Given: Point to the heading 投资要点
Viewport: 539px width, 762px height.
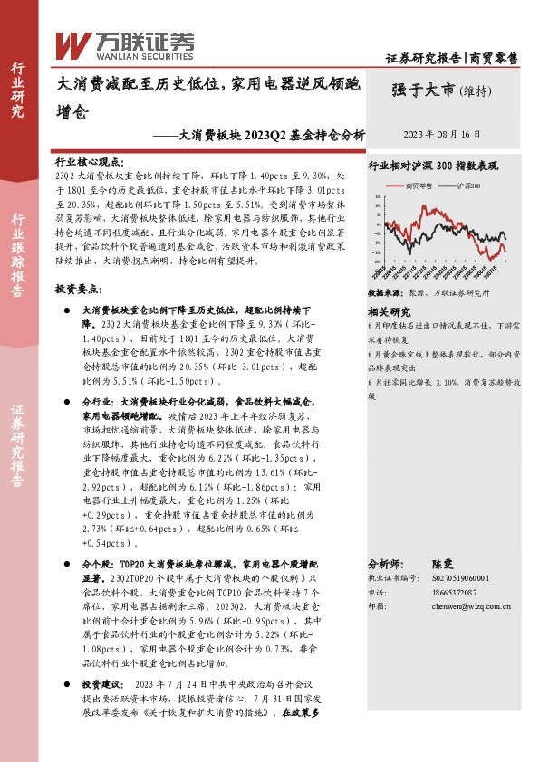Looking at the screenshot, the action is click(x=75, y=287).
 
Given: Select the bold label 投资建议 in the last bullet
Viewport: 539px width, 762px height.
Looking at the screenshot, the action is click(x=100, y=684).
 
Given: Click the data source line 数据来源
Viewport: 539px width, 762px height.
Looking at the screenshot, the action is click(x=428, y=293).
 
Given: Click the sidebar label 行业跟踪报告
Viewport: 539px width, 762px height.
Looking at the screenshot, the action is click(x=18, y=255).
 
